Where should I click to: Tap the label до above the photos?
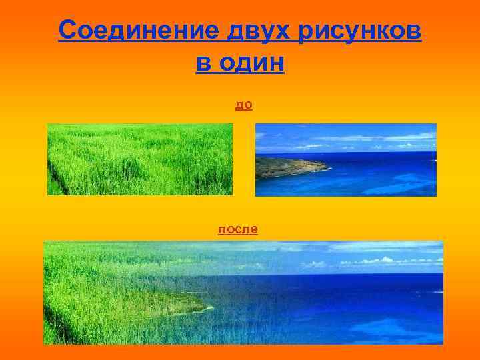[243, 105]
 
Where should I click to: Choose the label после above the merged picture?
[238, 229]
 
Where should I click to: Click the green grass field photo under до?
[140, 159]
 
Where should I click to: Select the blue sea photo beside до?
[345, 159]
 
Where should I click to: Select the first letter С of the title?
[66, 30]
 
